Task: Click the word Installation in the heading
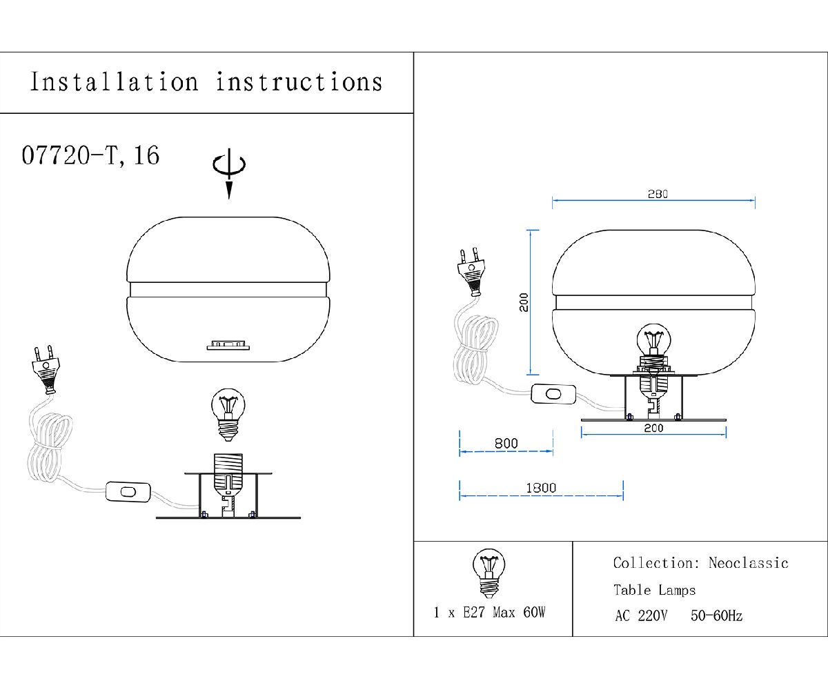click(x=115, y=82)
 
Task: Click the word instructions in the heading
click(x=299, y=82)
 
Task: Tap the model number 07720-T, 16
click(x=90, y=155)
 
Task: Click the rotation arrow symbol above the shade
click(x=229, y=173)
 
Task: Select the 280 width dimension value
click(x=658, y=194)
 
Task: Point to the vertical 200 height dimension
click(x=524, y=302)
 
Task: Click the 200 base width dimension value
click(x=653, y=428)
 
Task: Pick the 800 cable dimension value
click(x=506, y=444)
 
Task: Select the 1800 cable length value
click(x=541, y=488)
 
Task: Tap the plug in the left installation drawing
click(x=46, y=370)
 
